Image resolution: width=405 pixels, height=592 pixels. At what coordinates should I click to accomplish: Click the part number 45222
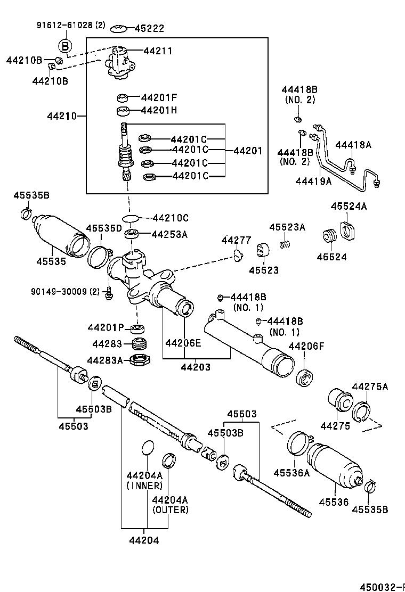(x=149, y=28)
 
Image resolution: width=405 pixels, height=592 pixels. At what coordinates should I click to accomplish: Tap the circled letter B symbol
(x=63, y=46)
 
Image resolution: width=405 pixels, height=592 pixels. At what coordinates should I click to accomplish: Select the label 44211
(x=158, y=51)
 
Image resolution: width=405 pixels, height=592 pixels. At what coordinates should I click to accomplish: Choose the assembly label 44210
(x=62, y=116)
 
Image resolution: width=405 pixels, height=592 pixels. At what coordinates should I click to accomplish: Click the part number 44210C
(x=171, y=218)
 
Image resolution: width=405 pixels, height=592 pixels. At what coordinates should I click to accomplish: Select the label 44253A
(x=169, y=234)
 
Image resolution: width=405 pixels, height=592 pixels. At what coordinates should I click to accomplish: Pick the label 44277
(x=236, y=241)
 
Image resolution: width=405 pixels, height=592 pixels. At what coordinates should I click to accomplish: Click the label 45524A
(x=349, y=206)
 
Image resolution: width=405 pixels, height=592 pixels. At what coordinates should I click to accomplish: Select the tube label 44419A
(x=313, y=181)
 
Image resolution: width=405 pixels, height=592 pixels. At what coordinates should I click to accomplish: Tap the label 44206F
(x=306, y=346)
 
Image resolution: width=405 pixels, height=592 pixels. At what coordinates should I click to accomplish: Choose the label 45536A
(x=291, y=472)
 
